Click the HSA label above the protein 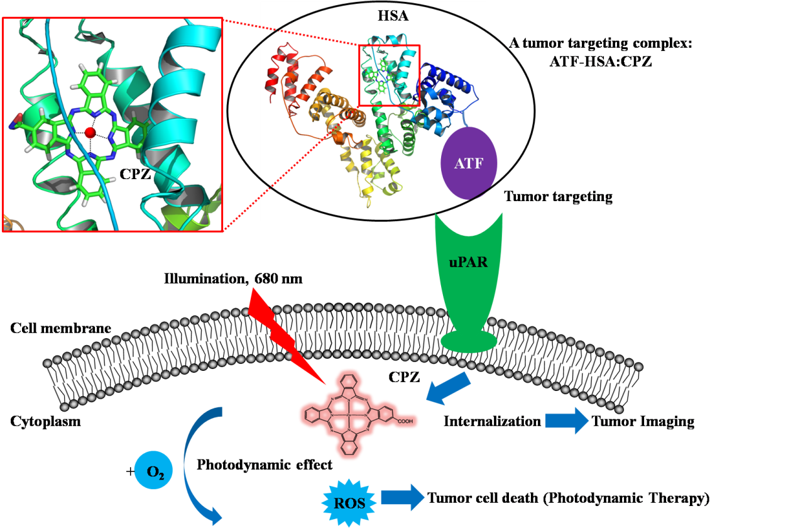393,16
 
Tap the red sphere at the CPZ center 90,133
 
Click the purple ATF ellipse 471,163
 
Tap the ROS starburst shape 350,502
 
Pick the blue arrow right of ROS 403,498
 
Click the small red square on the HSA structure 389,75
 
